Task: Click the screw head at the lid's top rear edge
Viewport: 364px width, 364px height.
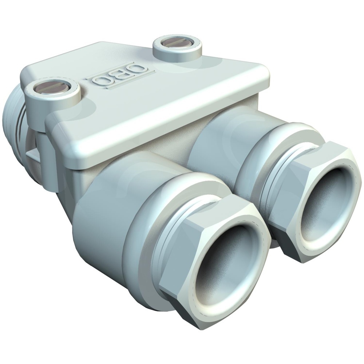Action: (x=177, y=43)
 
